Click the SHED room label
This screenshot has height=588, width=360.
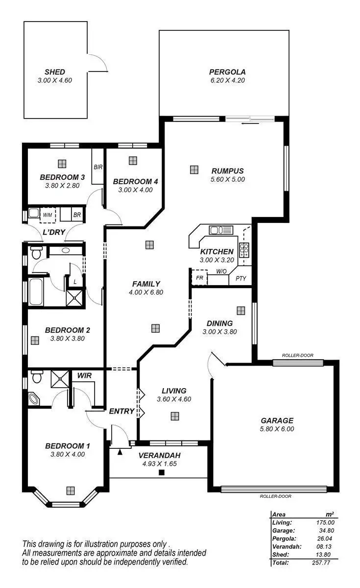coord(54,72)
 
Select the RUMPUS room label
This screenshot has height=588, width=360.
coord(227,171)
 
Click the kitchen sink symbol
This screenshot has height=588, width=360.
coord(216,229)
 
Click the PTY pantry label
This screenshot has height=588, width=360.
coord(240,278)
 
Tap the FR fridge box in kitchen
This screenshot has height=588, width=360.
coord(199,277)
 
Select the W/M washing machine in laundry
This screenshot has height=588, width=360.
coord(48,215)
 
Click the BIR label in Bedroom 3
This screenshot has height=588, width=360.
coord(98,167)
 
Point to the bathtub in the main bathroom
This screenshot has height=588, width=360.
coord(37,292)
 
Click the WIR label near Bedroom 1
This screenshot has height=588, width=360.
coord(85,375)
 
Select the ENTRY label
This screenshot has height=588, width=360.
coord(121,411)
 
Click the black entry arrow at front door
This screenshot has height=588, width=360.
coord(120,452)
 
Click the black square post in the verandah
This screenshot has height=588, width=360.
coord(161,472)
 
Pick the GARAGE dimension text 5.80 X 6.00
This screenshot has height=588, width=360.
coord(277,429)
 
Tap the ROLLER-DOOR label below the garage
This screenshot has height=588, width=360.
coord(275,496)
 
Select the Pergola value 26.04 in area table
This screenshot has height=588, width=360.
coord(325,538)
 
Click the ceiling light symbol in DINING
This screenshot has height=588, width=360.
coord(240,311)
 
